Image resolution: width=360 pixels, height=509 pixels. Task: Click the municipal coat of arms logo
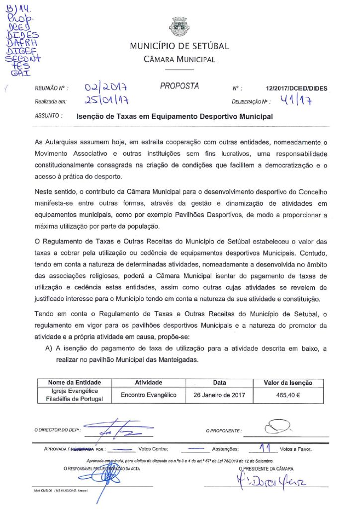click(x=180, y=27)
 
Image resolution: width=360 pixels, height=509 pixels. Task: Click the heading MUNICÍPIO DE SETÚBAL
click(x=180, y=47)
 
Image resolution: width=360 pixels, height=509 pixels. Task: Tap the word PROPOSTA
click(x=180, y=86)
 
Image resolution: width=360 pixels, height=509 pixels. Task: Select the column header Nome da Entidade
click(x=75, y=383)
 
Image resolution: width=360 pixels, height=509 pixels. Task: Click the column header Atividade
click(x=149, y=383)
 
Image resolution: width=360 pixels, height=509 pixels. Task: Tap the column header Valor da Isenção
click(x=288, y=383)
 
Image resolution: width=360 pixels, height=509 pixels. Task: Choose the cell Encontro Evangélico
click(x=149, y=395)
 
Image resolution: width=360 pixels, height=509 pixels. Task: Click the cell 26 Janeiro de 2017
click(x=219, y=395)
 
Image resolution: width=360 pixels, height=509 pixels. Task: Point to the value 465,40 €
click(x=288, y=395)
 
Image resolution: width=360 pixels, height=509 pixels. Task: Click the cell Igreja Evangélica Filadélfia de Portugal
click(x=75, y=395)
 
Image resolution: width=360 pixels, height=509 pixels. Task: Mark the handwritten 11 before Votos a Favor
click(x=268, y=448)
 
